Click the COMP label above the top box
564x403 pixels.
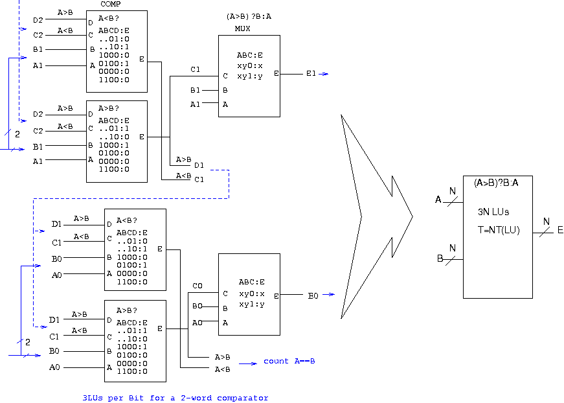click(x=111, y=4)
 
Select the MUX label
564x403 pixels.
click(x=242, y=29)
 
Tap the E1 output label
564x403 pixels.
click(x=311, y=73)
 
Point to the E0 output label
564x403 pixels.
click(x=313, y=296)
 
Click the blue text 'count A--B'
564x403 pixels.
click(x=289, y=361)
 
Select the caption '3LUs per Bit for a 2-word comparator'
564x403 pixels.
click(x=175, y=398)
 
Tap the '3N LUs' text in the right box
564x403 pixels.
click(x=493, y=212)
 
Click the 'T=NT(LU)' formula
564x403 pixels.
click(x=499, y=230)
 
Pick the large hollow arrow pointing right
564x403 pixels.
click(x=377, y=216)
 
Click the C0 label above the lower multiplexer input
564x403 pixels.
click(x=197, y=286)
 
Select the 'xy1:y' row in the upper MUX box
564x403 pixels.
click(x=250, y=76)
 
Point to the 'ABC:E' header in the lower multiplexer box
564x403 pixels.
click(x=251, y=282)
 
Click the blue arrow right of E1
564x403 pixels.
click(x=323, y=74)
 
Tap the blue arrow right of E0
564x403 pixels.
click(x=328, y=294)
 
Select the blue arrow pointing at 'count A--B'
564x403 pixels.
click(x=248, y=363)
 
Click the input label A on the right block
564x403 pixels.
click(x=438, y=200)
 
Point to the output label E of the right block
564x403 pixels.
click(x=560, y=230)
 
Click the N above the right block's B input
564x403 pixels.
click(x=453, y=248)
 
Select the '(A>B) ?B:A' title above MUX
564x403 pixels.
click(x=249, y=16)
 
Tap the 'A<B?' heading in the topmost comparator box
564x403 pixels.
click(x=109, y=18)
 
